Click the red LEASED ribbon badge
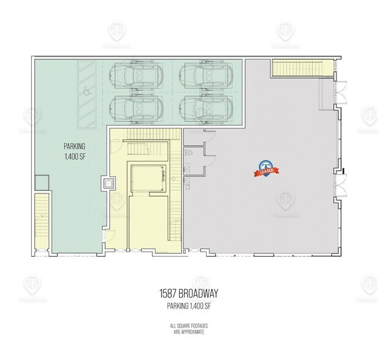pos(265,169)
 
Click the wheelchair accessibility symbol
pos(87,91)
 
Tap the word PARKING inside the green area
pos(75,146)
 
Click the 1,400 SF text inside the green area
pos(75,157)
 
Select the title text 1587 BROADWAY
pos(189,292)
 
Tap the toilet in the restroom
pos(190,151)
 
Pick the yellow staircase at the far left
pos(41,220)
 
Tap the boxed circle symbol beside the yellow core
pos(108,182)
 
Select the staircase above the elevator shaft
pos(146,148)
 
